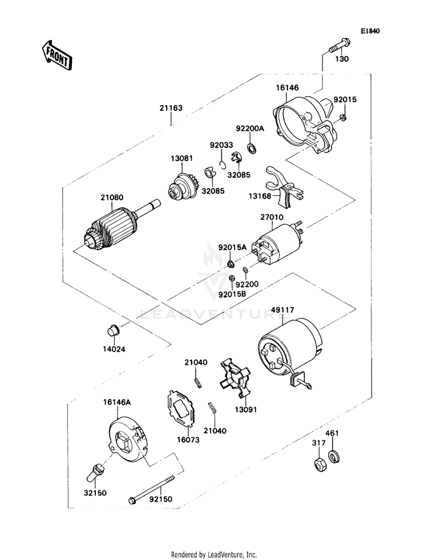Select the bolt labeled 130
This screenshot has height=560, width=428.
click(x=338, y=45)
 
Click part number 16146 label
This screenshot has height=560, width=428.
click(x=288, y=87)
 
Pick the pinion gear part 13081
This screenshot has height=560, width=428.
click(x=184, y=187)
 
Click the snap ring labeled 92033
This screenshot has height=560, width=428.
click(x=223, y=164)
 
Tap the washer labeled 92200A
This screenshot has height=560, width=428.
click(x=252, y=148)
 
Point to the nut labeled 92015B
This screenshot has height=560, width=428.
click(x=231, y=278)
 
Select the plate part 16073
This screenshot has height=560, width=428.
click(x=181, y=409)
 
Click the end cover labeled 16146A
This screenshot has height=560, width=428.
click(x=128, y=440)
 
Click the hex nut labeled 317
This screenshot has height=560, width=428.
click(x=318, y=464)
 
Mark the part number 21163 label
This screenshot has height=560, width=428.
click(x=171, y=108)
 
